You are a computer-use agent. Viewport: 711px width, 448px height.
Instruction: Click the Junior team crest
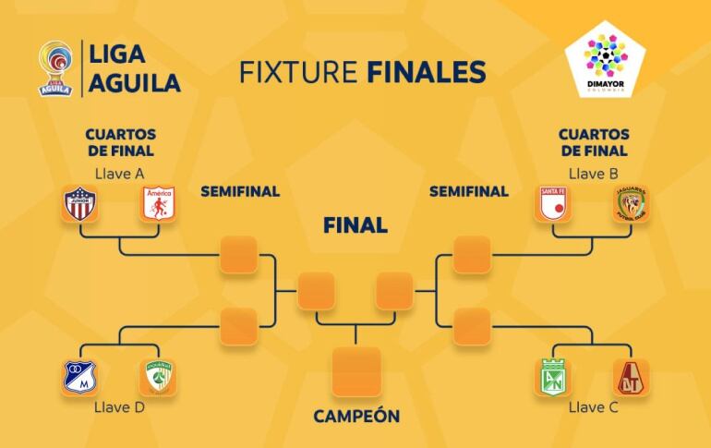point(79,204)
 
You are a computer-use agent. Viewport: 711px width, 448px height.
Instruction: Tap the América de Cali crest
point(159,204)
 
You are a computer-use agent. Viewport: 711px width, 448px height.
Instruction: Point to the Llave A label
point(119,173)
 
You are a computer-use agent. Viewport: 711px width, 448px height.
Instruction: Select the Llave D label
point(119,406)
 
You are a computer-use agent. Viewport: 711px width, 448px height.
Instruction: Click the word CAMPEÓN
point(356,417)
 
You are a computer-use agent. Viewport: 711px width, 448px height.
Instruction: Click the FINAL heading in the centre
point(355,225)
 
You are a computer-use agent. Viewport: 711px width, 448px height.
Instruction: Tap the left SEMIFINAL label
point(240,192)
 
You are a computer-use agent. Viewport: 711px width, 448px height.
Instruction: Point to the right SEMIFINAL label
point(469,192)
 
